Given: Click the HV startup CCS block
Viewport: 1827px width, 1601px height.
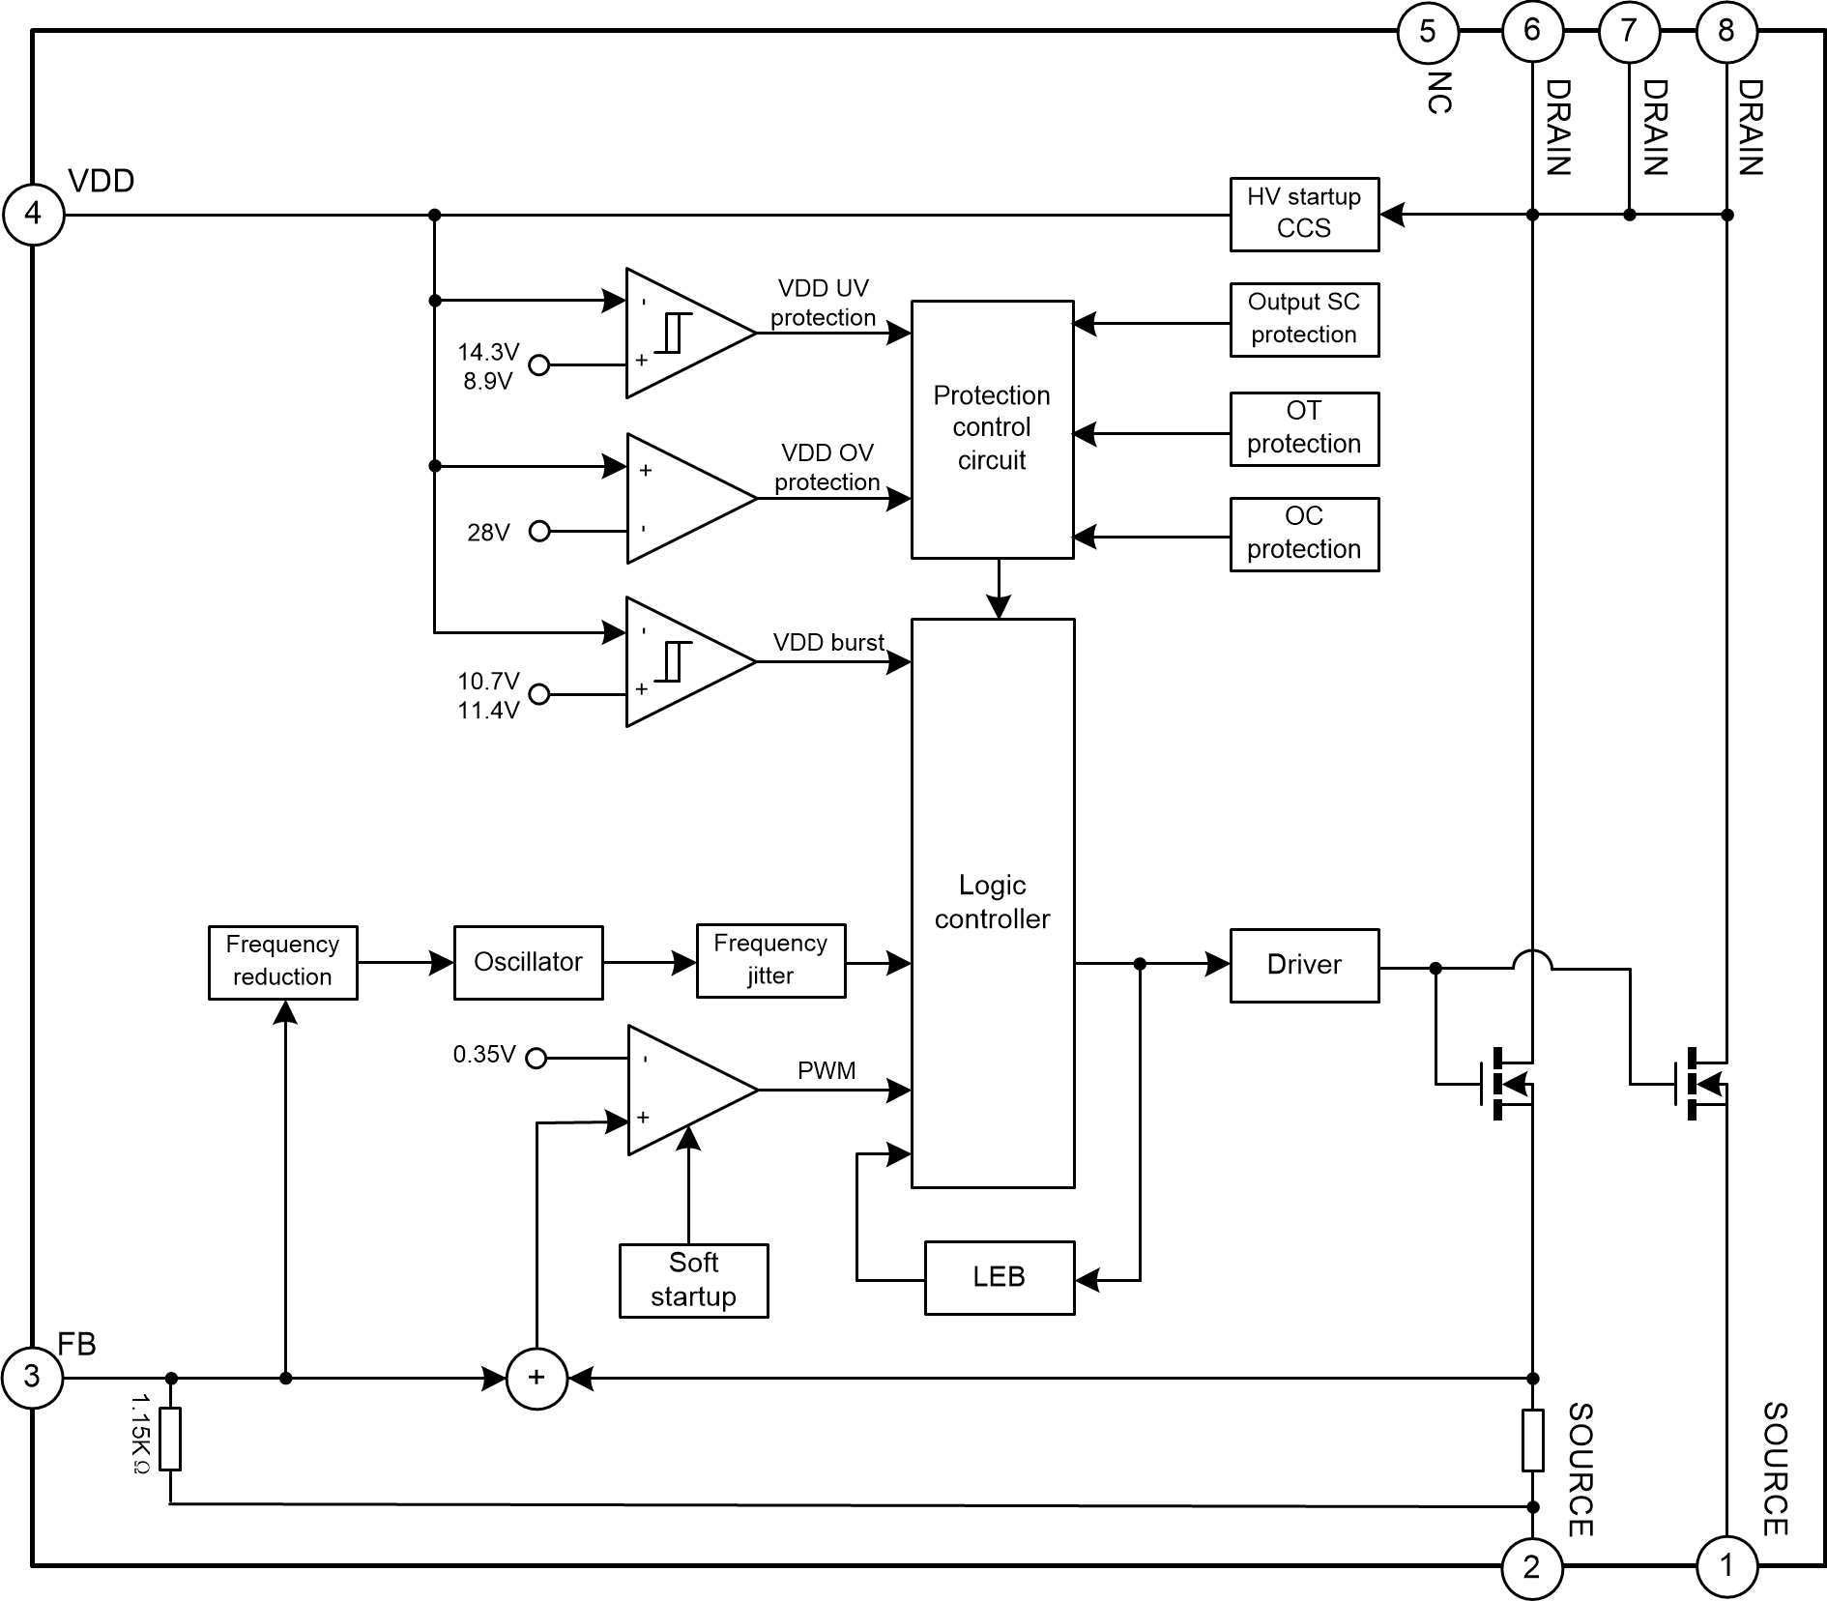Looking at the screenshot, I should (x=1303, y=214).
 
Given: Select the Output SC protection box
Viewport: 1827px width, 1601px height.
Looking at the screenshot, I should (x=1303, y=319).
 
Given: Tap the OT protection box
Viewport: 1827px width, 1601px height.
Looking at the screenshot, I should (x=1303, y=428).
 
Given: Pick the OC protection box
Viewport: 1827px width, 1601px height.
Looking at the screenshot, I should (x=1303, y=534).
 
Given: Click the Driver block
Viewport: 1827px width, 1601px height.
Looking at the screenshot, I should (x=1303, y=965).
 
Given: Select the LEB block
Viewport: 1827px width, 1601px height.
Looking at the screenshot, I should (x=999, y=1277).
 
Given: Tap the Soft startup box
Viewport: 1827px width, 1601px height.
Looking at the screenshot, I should (x=693, y=1280).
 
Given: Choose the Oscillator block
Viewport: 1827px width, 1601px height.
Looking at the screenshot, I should (x=528, y=962).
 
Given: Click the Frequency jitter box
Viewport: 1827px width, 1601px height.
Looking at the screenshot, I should (x=770, y=960).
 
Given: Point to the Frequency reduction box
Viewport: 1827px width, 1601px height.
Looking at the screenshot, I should (x=282, y=962).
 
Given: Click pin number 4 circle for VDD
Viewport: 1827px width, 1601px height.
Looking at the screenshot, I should (x=33, y=214).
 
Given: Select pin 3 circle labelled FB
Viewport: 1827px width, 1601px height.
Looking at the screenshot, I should (x=32, y=1377).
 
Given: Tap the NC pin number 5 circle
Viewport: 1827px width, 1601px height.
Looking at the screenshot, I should (x=1427, y=32).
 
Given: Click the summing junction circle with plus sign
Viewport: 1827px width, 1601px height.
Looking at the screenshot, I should (x=536, y=1378).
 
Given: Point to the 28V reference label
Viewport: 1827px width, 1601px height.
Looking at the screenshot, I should (x=488, y=533).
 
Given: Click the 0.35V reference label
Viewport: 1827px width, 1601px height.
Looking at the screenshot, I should (x=484, y=1055).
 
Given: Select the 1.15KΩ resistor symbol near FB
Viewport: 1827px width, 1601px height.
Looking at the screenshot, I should (x=170, y=1440).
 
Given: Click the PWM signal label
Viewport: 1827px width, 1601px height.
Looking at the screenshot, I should (x=826, y=1070).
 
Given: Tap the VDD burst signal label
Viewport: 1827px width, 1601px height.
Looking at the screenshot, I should (x=828, y=643).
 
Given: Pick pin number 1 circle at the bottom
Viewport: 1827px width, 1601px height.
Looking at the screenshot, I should (x=1726, y=1565).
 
